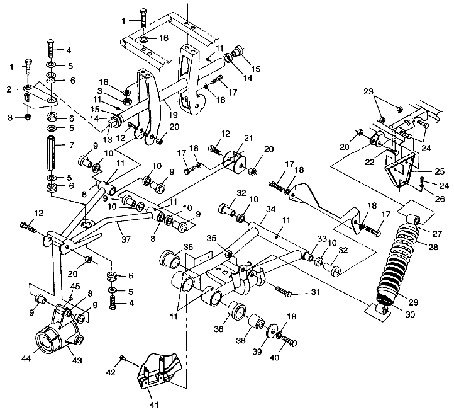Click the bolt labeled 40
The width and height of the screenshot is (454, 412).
click(289, 341)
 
